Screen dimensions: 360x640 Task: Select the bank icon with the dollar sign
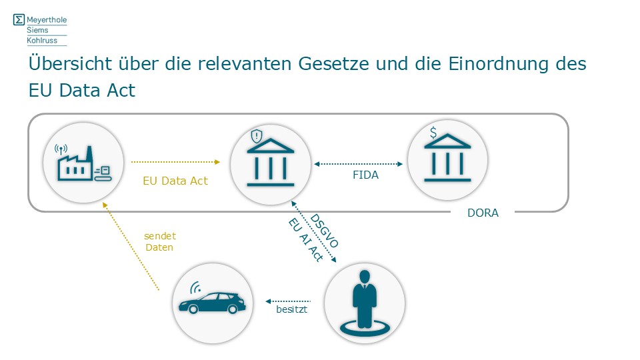[447, 160]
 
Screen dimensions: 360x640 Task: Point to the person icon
[364, 303]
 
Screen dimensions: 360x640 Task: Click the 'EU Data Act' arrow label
[175, 181]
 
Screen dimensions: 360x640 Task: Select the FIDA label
[365, 176]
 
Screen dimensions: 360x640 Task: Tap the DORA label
[483, 213]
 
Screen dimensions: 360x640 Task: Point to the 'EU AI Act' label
[305, 240]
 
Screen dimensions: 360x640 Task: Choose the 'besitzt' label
[291, 311]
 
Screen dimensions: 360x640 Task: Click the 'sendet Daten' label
[159, 241]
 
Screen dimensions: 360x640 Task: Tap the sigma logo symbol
[19, 20]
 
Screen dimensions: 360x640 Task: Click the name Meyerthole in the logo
[47, 20]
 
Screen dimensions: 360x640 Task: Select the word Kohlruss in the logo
[42, 41]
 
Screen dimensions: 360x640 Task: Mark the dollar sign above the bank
[433, 133]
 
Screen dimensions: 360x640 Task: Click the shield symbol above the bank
[257, 137]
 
